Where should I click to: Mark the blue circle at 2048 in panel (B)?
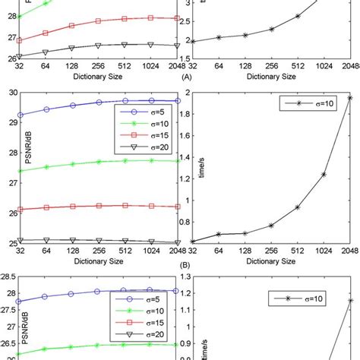pos(177,100)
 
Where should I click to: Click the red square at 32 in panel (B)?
pos(21,210)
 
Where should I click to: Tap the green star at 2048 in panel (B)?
pos(177,161)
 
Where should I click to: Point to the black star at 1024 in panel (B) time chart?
pos(324,175)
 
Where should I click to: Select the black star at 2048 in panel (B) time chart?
pos(350,97)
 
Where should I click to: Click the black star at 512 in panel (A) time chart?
pos(297,16)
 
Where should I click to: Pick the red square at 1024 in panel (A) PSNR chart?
pos(150,17)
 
